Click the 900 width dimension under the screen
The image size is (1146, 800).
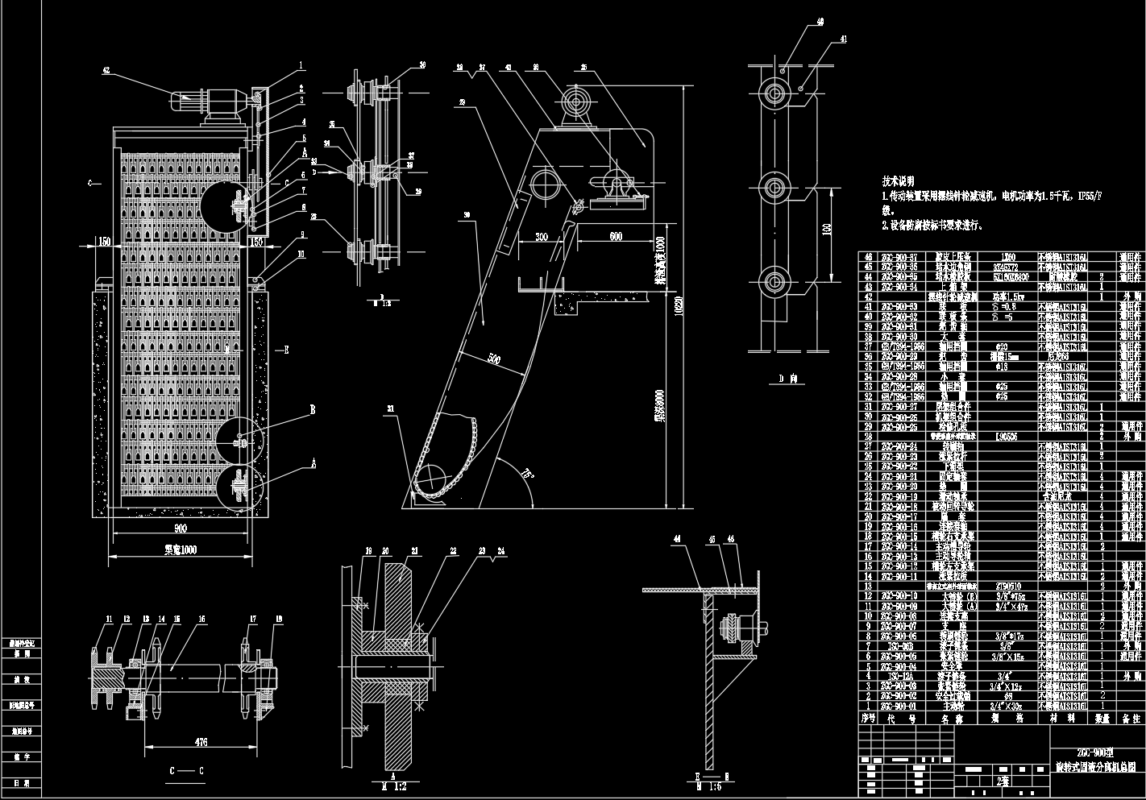[x=180, y=528]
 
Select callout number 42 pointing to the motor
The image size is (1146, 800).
[x=106, y=71]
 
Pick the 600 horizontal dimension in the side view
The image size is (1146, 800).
[x=615, y=236]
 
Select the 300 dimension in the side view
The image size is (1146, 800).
[x=542, y=237]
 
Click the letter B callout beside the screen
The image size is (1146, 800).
[x=312, y=410]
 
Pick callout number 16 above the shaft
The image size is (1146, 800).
[x=202, y=620]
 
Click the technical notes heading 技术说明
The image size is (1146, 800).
[x=901, y=182]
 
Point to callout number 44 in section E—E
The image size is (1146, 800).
[x=677, y=537]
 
